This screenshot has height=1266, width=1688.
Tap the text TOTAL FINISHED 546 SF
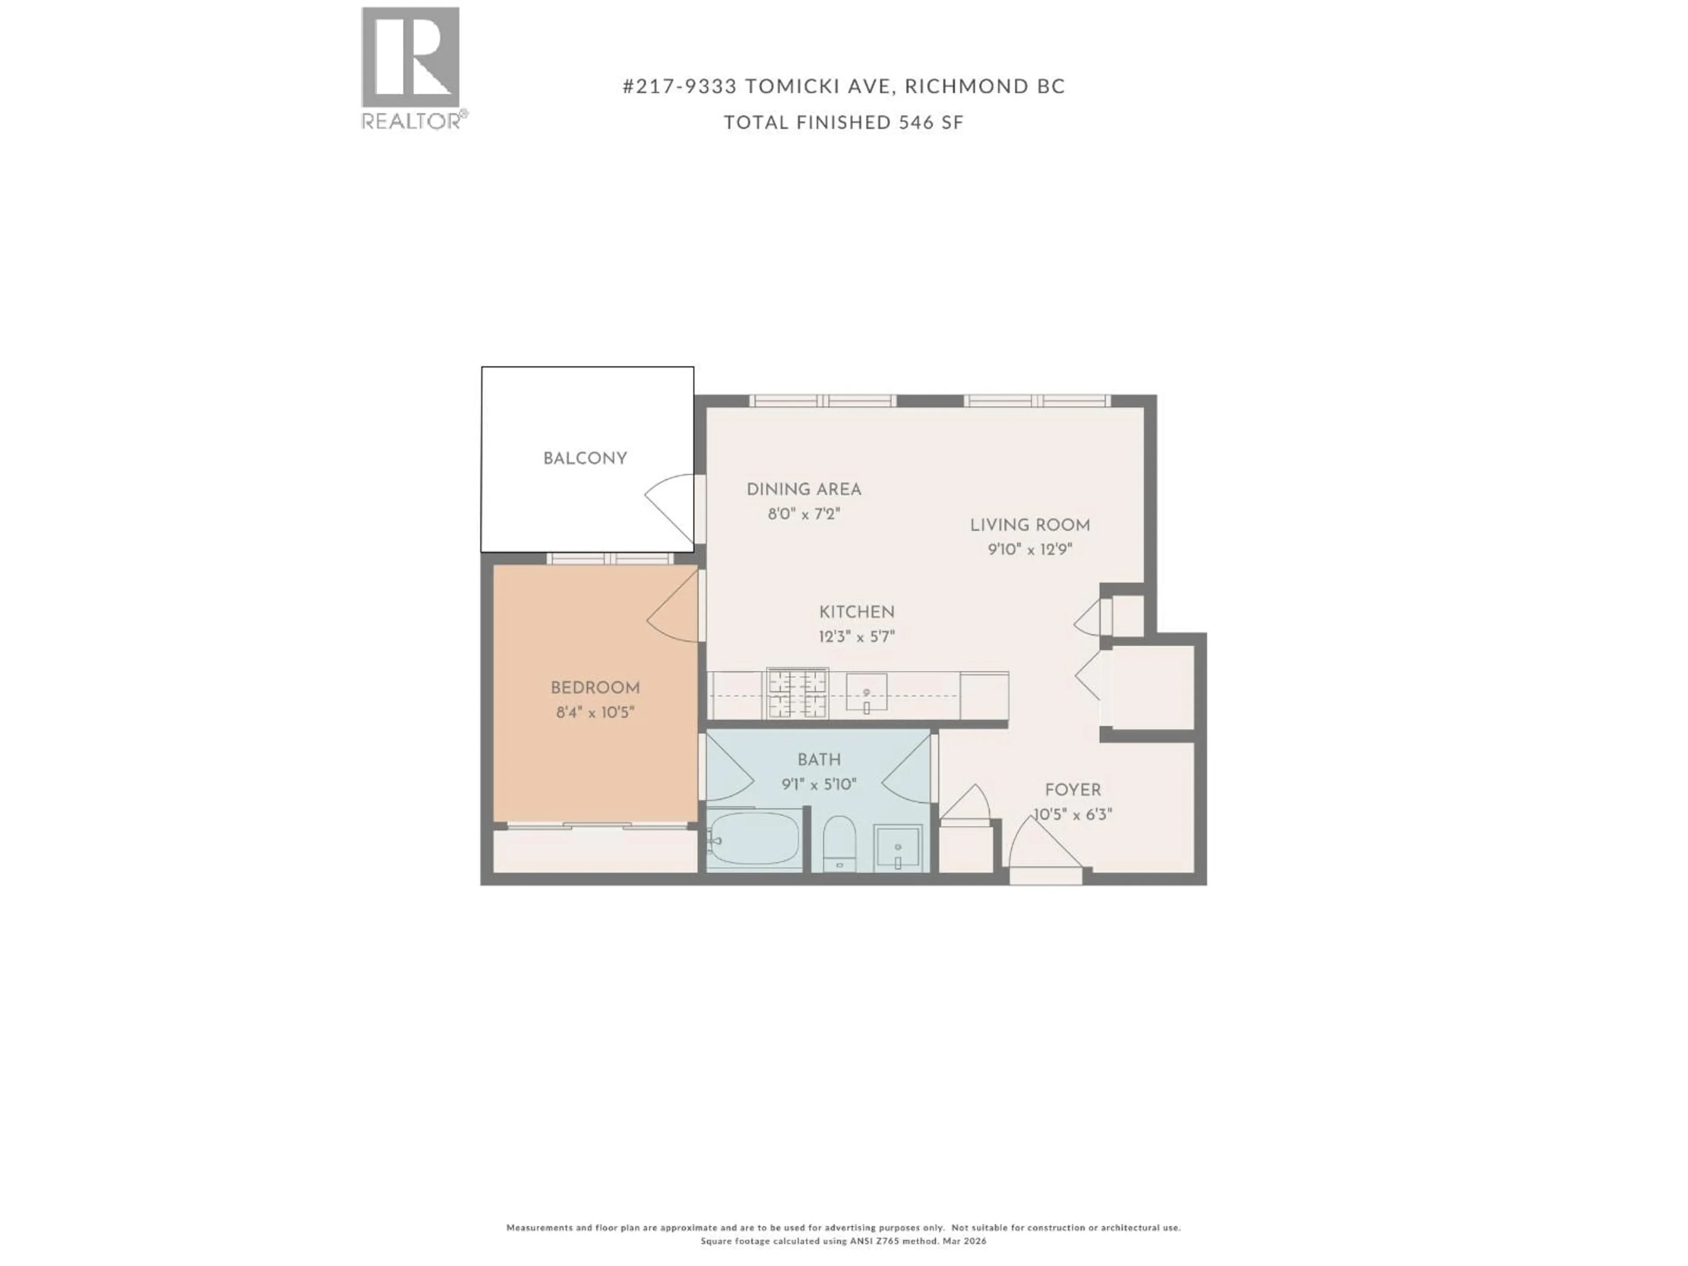[843, 123]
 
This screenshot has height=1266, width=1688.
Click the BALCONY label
[586, 458]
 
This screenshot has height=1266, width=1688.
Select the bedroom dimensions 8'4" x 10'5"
[595, 713]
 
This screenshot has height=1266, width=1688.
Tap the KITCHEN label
[856, 612]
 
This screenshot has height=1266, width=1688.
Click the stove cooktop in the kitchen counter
[797, 694]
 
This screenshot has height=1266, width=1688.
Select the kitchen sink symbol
[867, 693]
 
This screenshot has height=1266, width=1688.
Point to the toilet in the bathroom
[840, 843]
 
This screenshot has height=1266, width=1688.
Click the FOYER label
[1072, 790]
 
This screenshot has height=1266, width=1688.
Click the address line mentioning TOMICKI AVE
[843, 86]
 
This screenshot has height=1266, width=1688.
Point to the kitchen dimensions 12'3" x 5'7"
[856, 637]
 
